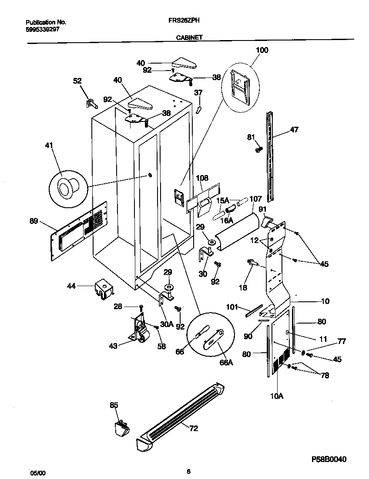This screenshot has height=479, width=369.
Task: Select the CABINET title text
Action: [189, 38]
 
